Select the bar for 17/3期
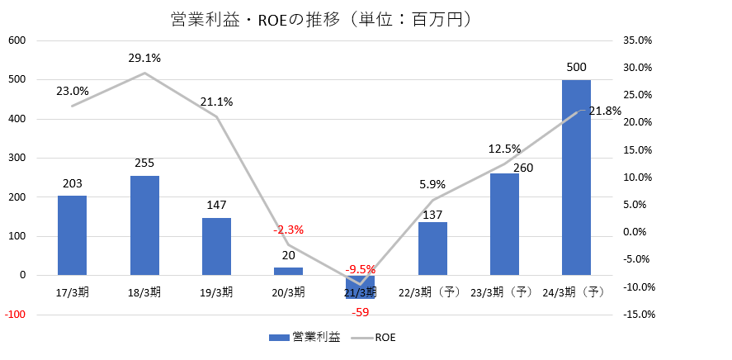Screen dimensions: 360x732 [x=72, y=235]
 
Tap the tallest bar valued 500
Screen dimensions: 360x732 [x=576, y=178]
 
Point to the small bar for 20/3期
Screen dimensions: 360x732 [x=288, y=271]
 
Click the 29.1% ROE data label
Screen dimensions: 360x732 [x=144, y=59]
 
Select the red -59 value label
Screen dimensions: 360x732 [x=360, y=312]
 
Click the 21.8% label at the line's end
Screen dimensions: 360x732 [x=605, y=111]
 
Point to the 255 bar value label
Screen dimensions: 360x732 [x=144, y=163]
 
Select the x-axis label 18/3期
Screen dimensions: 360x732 [x=144, y=292]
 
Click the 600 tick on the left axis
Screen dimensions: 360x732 [x=17, y=40]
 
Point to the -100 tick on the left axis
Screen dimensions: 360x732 [x=16, y=315]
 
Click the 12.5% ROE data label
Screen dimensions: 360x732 [x=504, y=149]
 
